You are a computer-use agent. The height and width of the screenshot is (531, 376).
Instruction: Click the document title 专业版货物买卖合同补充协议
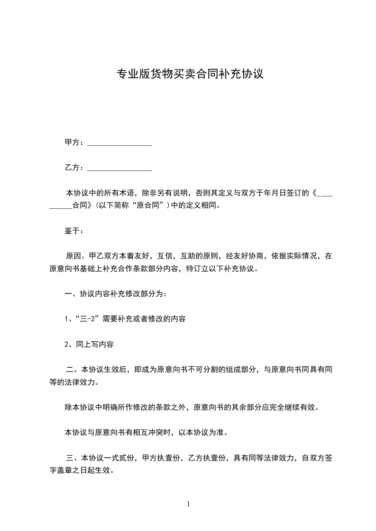[x=190, y=74]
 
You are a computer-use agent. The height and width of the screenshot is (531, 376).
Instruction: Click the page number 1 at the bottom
[x=188, y=504]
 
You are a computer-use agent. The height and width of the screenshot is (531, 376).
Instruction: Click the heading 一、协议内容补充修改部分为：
[x=116, y=294]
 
